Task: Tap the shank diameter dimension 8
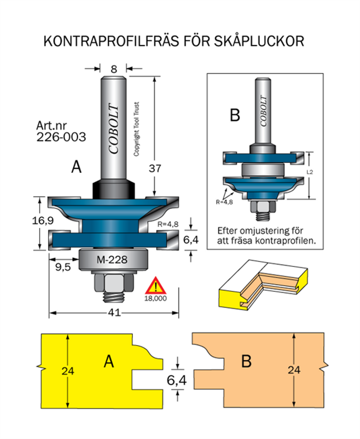click(114, 69)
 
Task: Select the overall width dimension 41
click(114, 313)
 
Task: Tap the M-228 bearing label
click(112, 259)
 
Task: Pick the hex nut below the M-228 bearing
click(114, 282)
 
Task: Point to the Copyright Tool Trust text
click(137, 129)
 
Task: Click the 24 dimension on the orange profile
click(294, 370)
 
